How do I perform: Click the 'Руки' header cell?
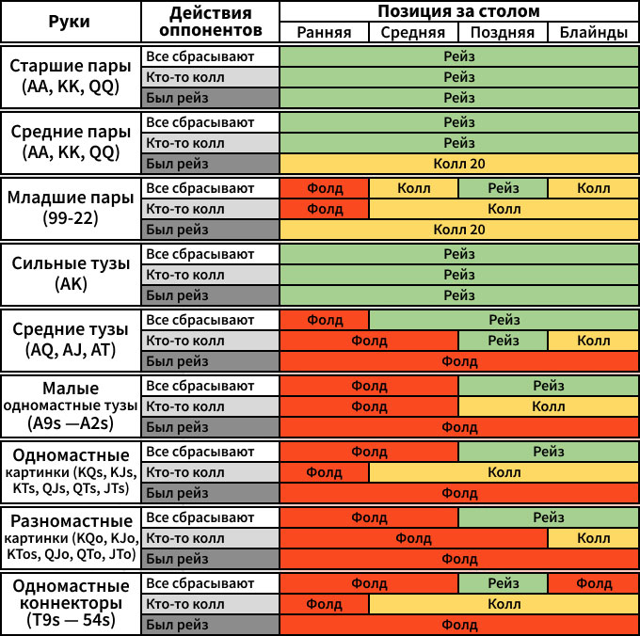tap(71, 22)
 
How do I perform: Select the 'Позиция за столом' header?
tap(459, 11)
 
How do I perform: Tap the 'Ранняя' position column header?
tap(325, 32)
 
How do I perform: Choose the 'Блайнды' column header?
tap(593, 32)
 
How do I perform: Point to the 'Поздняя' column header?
tap(504, 32)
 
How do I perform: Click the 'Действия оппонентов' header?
tap(211, 22)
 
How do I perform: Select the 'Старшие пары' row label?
tap(71, 77)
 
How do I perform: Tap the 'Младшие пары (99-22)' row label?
tap(71, 209)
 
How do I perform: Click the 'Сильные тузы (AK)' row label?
tap(71, 275)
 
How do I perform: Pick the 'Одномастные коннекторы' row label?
tap(71, 604)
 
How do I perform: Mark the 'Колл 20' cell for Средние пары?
tap(459, 164)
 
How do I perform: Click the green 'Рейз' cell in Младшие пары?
tap(504, 188)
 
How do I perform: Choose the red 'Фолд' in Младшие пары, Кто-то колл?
tap(325, 209)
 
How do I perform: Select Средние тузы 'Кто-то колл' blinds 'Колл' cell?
tap(593, 341)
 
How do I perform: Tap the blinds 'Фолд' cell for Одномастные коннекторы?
tap(593, 583)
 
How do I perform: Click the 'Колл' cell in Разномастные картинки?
tap(593, 538)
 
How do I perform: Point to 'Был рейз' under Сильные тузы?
tap(211, 295)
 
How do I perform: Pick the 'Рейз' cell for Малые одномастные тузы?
tap(548, 386)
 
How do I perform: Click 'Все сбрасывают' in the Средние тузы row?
tap(211, 320)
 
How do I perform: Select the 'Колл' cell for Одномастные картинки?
tap(504, 472)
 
